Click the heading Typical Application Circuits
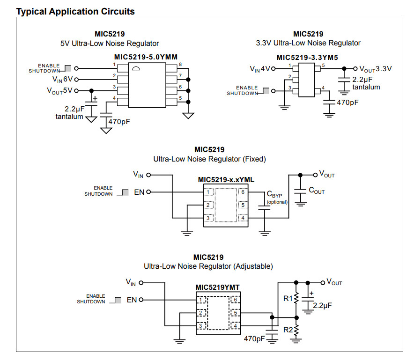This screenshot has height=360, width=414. [x=75, y=11]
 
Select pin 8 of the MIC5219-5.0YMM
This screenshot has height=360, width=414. [x=180, y=64]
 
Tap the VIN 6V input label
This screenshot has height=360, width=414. [x=62, y=79]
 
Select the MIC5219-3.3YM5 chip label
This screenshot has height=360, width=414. [x=307, y=58]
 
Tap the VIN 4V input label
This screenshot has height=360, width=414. [x=260, y=69]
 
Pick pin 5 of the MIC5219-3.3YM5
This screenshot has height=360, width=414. [x=323, y=66]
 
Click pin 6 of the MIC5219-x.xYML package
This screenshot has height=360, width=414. [x=243, y=192]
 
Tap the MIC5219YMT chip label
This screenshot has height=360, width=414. [x=218, y=287]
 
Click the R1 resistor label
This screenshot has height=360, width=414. [x=288, y=298]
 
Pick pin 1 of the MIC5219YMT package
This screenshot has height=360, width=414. [x=200, y=300]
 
